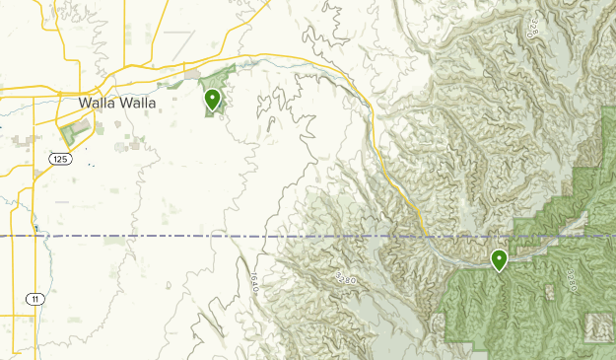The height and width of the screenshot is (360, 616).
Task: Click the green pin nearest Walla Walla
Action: coord(212,99)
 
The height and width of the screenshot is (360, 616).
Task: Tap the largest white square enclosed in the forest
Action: coord(597,326)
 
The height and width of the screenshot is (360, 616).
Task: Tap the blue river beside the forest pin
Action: coord(463,254)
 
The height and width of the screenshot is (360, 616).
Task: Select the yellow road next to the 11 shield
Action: coord(39,276)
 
